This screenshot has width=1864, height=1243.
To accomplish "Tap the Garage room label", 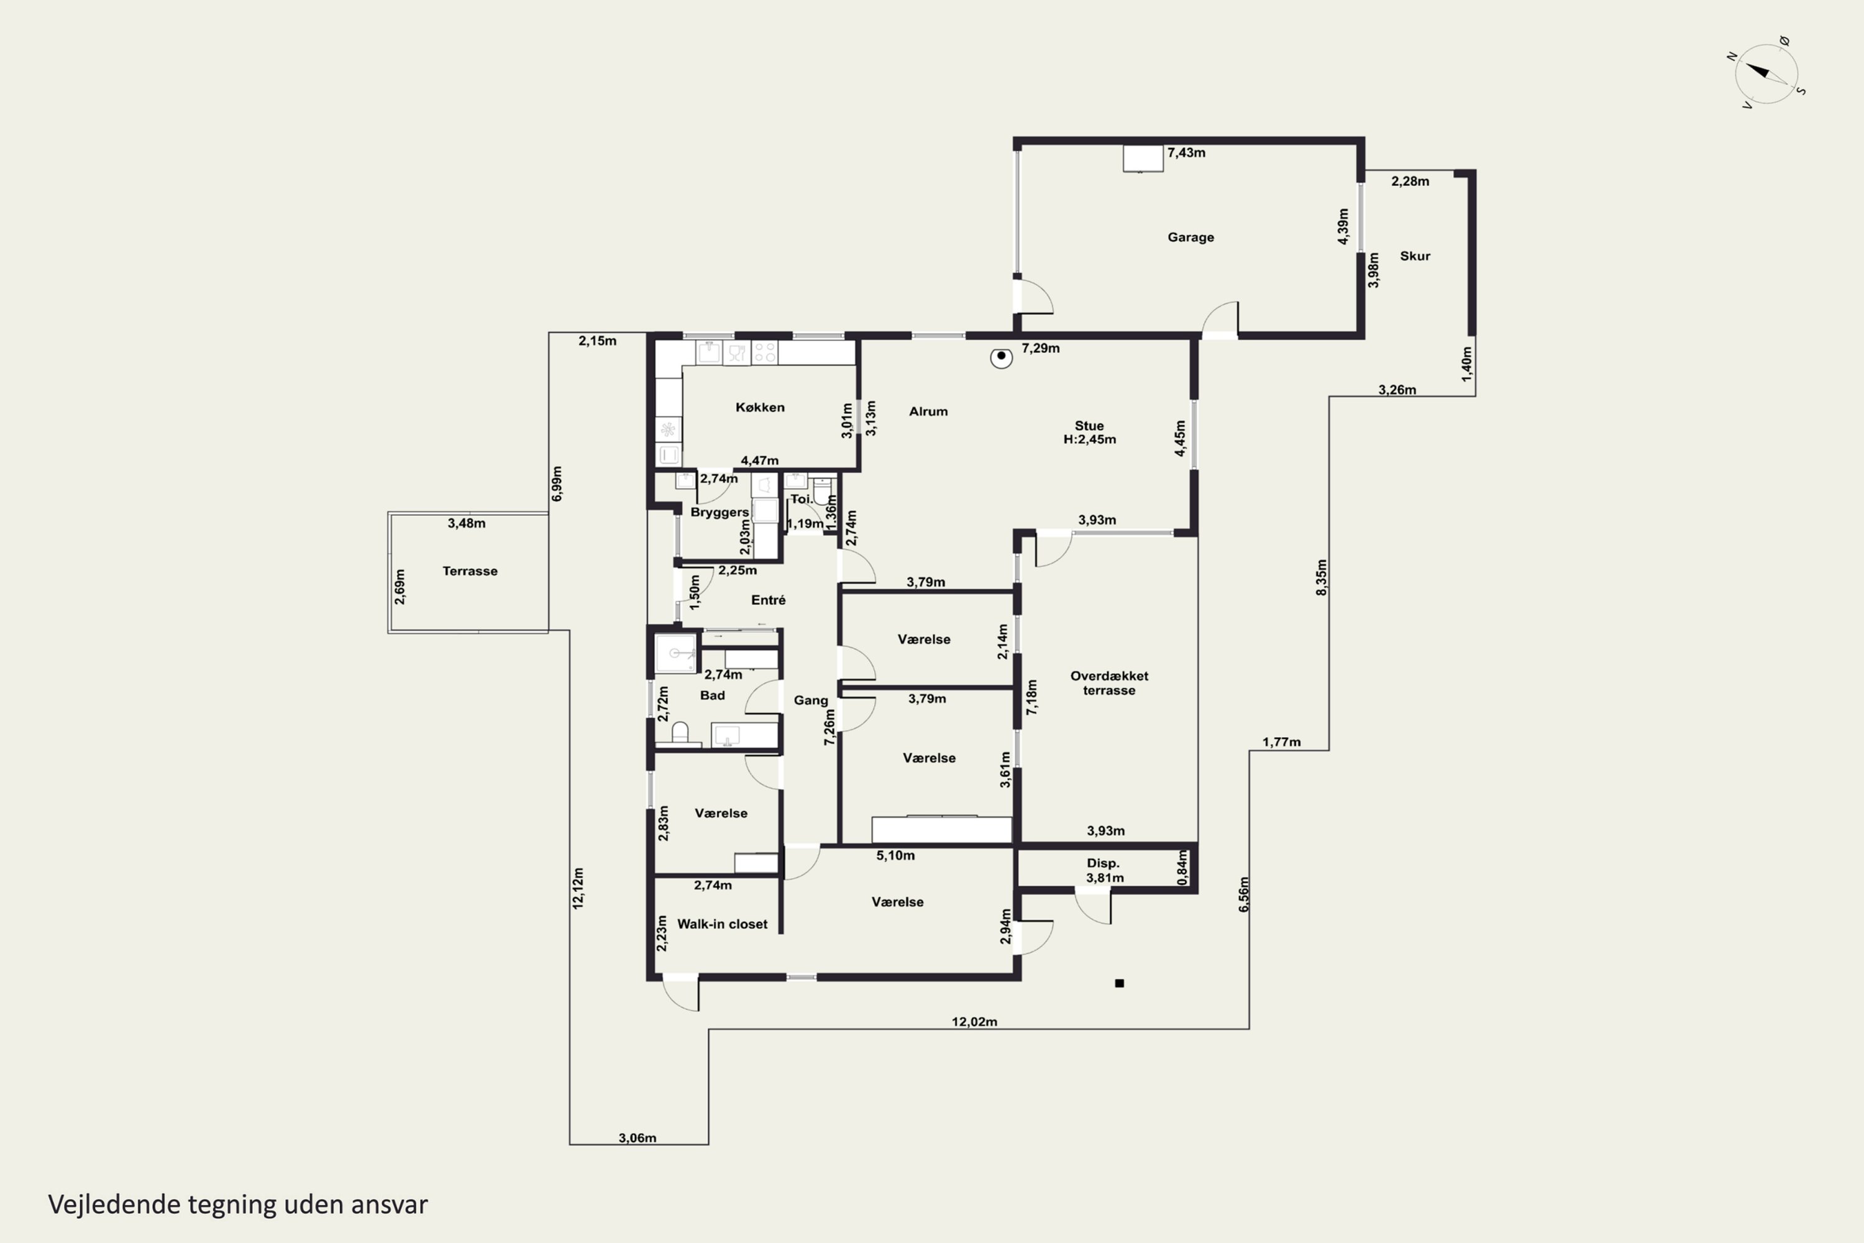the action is click(1190, 237).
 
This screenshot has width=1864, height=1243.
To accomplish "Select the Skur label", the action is click(1415, 256).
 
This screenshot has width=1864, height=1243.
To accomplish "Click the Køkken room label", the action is click(760, 408).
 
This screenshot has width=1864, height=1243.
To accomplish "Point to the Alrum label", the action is click(928, 411).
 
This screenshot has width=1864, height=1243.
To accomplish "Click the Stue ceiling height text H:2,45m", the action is click(1090, 439).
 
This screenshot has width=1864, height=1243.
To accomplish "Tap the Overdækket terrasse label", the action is click(1108, 683).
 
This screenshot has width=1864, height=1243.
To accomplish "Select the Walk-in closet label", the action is click(722, 924).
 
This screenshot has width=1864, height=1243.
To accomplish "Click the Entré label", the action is click(768, 600).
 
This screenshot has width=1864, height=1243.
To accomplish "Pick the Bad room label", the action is click(711, 695).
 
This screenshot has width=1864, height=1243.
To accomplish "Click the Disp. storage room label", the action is click(1102, 863).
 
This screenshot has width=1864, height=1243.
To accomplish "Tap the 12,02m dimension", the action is click(974, 1022).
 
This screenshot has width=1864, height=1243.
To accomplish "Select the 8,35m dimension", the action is click(1321, 578).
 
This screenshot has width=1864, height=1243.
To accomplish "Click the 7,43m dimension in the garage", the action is click(1186, 152).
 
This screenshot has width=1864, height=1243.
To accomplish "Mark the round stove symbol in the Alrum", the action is click(1001, 357).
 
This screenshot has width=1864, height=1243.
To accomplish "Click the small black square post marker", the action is click(1119, 983).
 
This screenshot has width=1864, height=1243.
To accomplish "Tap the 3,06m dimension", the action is click(637, 1139).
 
